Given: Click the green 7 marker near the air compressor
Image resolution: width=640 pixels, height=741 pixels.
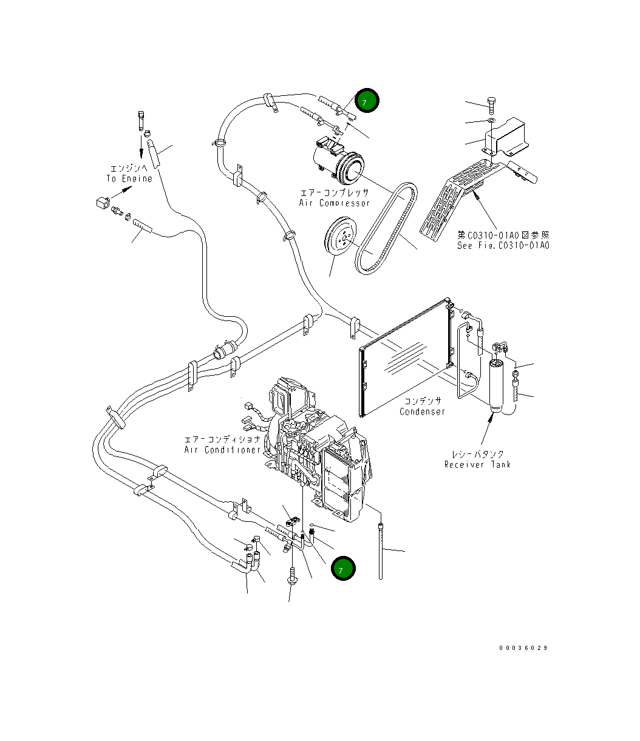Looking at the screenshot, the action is click(x=367, y=100).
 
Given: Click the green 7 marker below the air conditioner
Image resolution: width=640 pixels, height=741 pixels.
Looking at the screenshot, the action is click(x=343, y=568).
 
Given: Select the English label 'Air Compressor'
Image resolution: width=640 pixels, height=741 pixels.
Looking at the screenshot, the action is click(x=335, y=203).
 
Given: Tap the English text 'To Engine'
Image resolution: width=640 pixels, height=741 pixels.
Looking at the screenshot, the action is click(x=129, y=178).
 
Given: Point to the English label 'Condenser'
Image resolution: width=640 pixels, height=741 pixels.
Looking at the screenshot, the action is click(x=422, y=411).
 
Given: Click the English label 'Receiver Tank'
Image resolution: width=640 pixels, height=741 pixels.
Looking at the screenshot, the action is click(x=477, y=464).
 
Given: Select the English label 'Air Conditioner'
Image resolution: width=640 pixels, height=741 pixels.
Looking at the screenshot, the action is click(x=222, y=450).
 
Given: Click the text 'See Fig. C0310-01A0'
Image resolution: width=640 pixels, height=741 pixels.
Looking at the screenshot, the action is click(x=503, y=245).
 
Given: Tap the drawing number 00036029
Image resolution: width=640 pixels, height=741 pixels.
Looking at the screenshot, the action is click(x=523, y=648).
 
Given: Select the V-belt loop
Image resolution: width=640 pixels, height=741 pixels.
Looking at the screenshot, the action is click(x=386, y=228).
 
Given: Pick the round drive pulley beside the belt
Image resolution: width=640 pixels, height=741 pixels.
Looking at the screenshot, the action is click(x=340, y=236).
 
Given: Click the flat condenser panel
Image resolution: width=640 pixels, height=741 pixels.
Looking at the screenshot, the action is click(x=406, y=357).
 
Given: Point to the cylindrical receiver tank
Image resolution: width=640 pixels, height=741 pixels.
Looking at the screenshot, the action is click(x=496, y=387).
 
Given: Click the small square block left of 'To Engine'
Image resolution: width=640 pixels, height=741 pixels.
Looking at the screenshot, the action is click(x=103, y=203).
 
